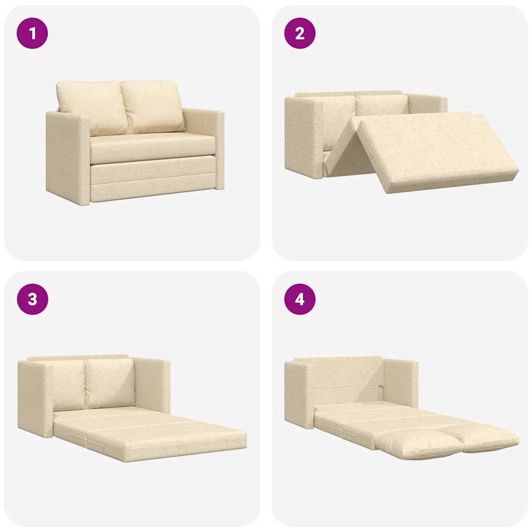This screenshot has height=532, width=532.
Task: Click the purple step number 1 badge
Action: [x=32, y=33]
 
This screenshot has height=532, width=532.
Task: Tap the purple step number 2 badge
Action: [x=300, y=33]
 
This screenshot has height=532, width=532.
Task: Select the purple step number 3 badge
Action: [x=32, y=299]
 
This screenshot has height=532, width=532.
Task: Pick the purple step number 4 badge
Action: [x=300, y=299]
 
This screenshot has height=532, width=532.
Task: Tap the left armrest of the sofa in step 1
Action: [x=68, y=156]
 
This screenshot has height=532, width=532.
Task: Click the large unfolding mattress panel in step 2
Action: [x=431, y=151]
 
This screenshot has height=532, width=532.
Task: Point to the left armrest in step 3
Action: [x=35, y=397]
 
